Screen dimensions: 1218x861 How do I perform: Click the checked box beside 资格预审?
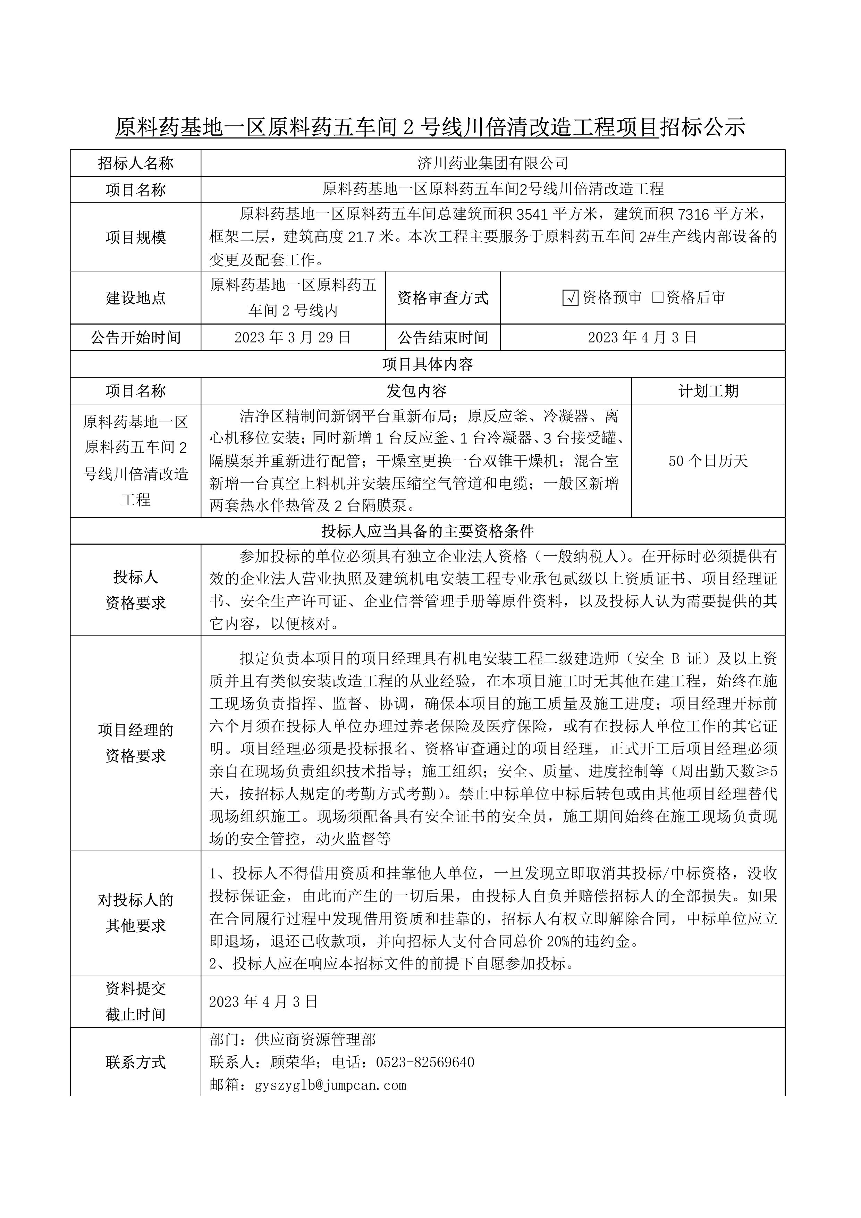point(570,298)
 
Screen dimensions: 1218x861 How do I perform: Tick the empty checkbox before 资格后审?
point(658,297)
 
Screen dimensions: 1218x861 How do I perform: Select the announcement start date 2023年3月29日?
point(293,337)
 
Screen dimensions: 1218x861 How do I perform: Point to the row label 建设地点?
point(136,297)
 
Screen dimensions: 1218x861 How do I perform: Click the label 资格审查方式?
point(442,297)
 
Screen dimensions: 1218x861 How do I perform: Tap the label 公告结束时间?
point(442,337)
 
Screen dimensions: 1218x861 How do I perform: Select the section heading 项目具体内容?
point(427,364)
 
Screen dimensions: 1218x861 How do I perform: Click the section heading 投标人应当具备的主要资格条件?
point(427,530)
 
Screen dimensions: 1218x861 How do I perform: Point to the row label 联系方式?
point(136,1062)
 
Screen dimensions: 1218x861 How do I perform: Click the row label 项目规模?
point(136,237)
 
